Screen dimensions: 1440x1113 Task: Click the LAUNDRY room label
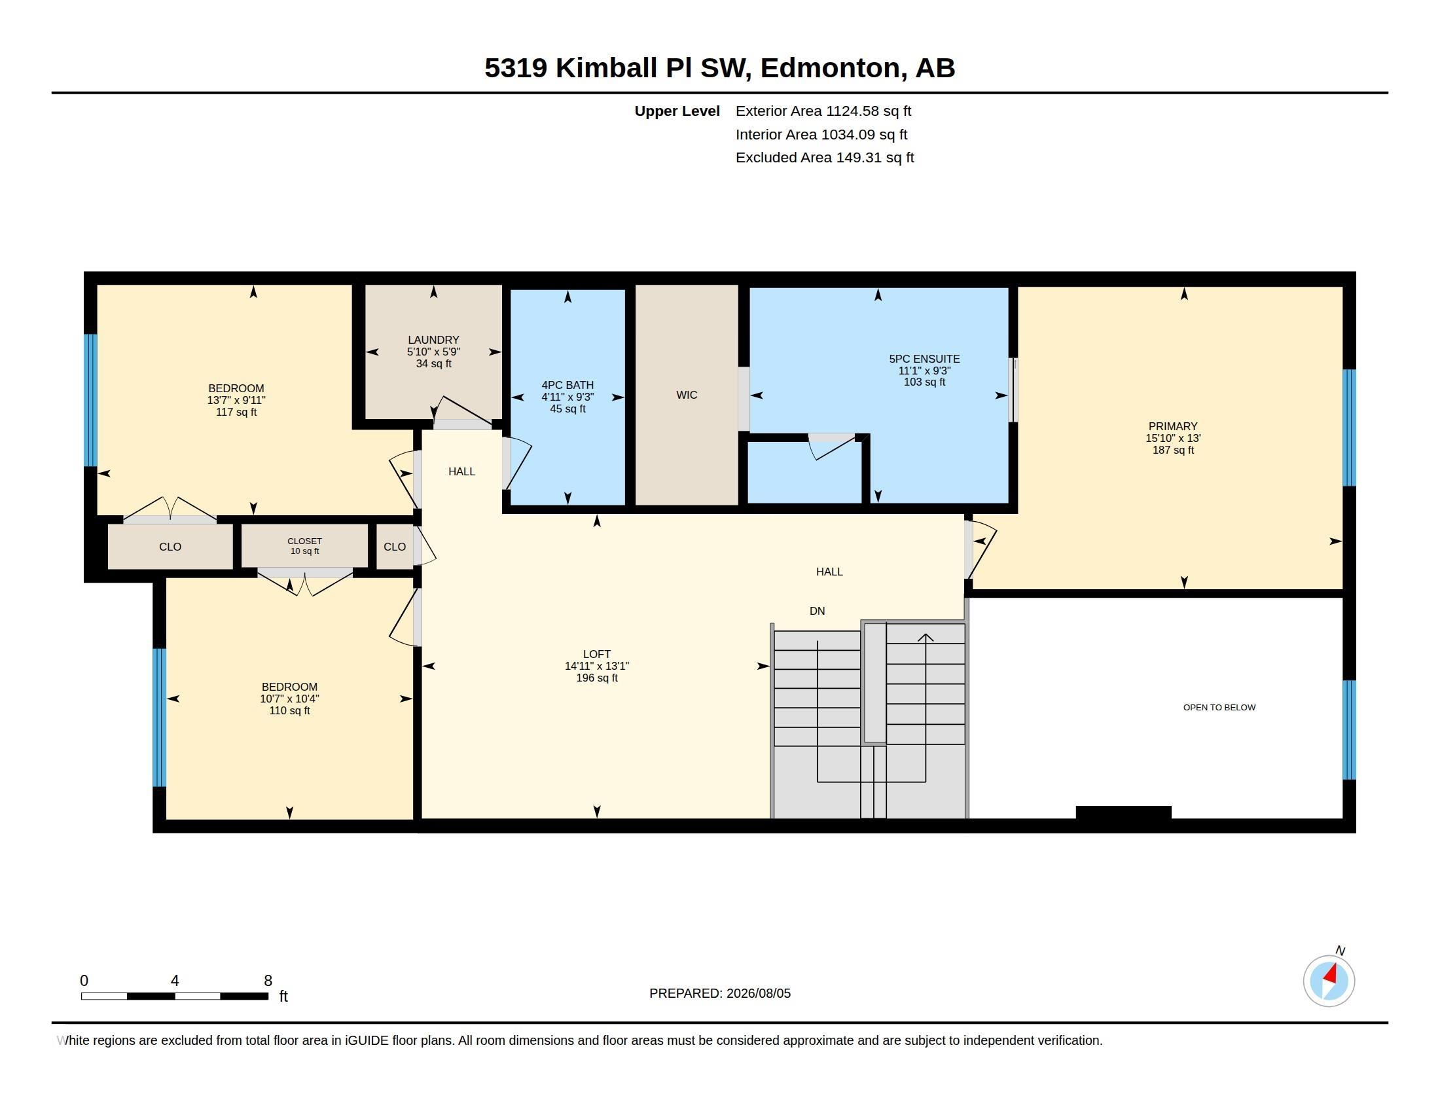433,340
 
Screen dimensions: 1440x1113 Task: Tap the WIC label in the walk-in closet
687,395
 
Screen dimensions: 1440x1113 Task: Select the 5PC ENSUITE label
924,359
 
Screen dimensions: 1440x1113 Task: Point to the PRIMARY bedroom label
1172,427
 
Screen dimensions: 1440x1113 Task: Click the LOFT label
597,654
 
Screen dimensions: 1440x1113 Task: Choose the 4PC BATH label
567,385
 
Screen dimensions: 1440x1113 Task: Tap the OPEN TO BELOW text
1219,708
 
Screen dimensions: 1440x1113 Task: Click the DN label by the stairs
817,611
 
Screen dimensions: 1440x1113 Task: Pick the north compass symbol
1329,981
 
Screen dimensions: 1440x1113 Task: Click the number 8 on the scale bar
268,981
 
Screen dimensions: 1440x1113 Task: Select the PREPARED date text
719,993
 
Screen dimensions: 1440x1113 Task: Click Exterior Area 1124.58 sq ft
823,111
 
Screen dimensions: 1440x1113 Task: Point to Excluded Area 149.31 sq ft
825,158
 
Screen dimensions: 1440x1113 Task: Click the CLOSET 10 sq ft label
304,546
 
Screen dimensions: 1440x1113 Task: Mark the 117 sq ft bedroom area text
236,412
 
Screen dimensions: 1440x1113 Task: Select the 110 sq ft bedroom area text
289,711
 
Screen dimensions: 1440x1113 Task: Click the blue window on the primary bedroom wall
1349,428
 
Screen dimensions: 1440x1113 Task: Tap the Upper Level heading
677,111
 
